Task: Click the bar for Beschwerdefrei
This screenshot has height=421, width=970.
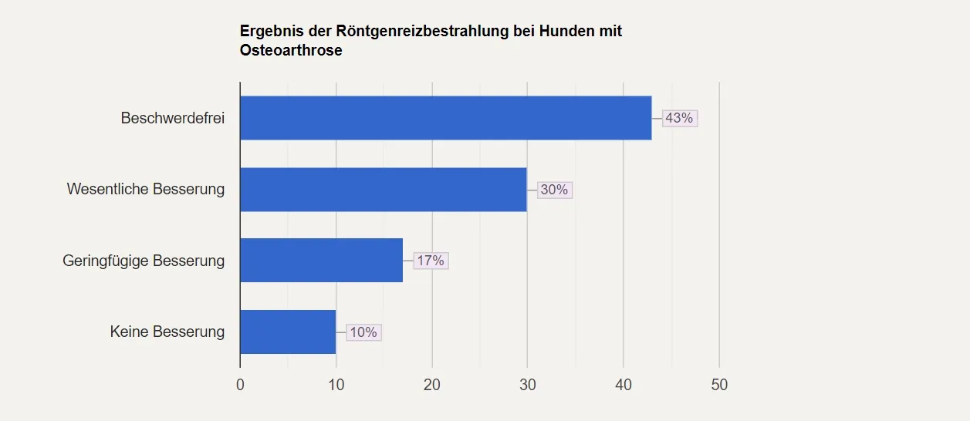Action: click(x=445, y=118)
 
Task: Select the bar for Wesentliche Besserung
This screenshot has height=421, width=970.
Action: click(x=383, y=190)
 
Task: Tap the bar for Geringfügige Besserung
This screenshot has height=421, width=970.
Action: click(x=321, y=261)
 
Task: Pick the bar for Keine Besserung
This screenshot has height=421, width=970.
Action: click(x=288, y=332)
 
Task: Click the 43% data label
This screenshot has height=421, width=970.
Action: click(x=680, y=118)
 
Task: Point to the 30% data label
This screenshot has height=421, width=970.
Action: click(x=554, y=190)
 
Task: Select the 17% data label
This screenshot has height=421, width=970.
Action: click(x=431, y=261)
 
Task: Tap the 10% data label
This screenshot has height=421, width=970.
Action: click(x=363, y=332)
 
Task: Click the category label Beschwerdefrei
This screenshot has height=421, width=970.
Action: click(x=172, y=118)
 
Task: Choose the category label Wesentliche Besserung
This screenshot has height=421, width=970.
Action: click(x=146, y=190)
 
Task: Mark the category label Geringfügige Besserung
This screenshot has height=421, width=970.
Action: click(x=144, y=261)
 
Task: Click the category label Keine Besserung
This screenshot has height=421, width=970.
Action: click(x=167, y=332)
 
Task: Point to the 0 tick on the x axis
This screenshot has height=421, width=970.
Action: click(x=240, y=385)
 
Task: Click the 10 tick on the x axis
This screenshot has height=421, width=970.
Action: click(x=336, y=385)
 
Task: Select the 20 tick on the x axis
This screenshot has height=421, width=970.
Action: click(x=432, y=385)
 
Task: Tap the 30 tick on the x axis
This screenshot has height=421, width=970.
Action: click(x=528, y=385)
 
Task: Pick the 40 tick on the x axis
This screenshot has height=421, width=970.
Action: click(x=624, y=385)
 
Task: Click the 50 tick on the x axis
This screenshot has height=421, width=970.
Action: click(x=719, y=385)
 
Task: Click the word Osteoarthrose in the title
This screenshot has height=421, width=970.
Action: click(x=291, y=51)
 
